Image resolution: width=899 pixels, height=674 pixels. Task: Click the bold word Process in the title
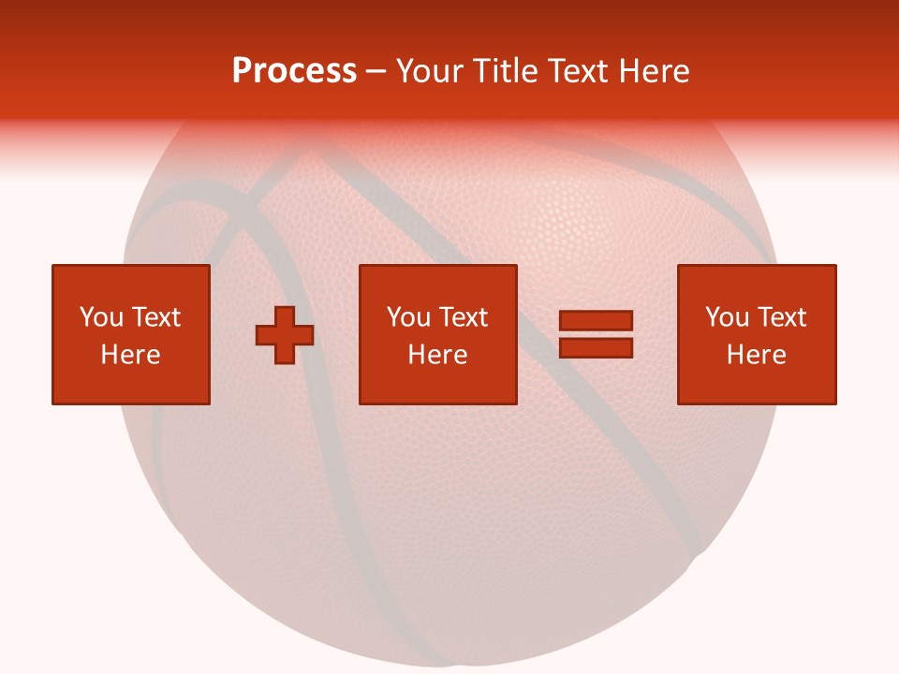tap(294, 71)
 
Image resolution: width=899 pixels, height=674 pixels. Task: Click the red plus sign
tap(285, 335)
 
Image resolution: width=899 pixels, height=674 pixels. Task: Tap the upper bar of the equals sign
tap(596, 321)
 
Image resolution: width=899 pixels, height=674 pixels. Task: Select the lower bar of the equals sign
tap(596, 348)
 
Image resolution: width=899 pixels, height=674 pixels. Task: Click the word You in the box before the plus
tap(101, 317)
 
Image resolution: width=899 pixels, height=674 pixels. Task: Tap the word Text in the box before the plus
tap(155, 317)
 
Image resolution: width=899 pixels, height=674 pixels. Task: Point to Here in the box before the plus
tap(130, 355)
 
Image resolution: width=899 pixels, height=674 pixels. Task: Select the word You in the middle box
tap(408, 317)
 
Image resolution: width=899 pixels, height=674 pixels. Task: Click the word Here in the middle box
tap(437, 355)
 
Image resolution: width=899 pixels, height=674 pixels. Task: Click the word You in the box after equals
tap(727, 317)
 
